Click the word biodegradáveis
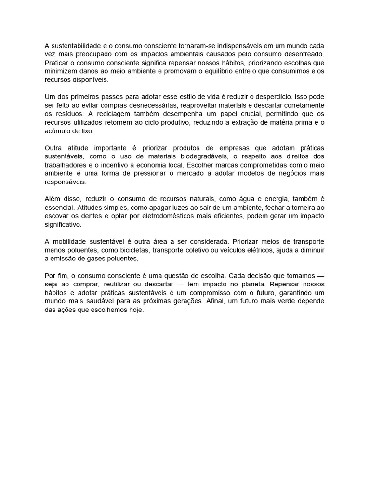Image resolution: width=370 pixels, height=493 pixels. tap(203, 156)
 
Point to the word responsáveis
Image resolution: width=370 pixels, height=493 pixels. tap(66, 182)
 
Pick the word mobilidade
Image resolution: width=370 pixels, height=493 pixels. tap(70, 242)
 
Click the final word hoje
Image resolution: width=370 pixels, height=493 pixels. tap(135, 310)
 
